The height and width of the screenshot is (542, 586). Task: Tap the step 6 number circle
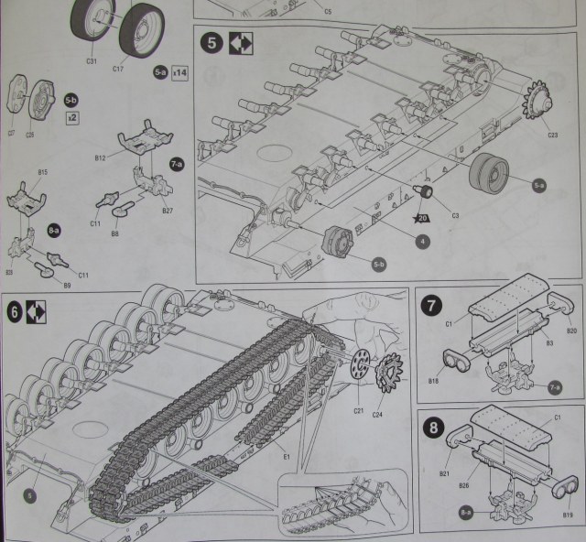click(x=16, y=310)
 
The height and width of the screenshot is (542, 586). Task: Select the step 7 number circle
click(x=430, y=305)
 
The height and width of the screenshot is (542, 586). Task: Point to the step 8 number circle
click(x=430, y=428)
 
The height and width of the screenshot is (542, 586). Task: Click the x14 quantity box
click(x=179, y=73)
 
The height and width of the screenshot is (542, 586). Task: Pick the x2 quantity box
click(x=71, y=119)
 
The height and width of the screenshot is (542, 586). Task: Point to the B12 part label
click(x=100, y=158)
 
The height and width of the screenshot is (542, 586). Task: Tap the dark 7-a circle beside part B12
click(x=177, y=162)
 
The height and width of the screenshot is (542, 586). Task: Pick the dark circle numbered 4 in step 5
click(x=421, y=242)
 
